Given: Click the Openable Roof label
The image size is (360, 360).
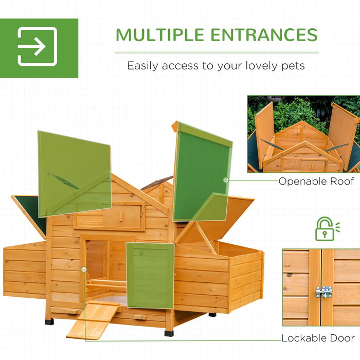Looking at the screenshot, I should tap(316, 181).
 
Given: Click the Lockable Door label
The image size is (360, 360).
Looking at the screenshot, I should tap(318, 338).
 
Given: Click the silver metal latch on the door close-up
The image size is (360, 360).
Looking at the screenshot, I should tap(323, 292).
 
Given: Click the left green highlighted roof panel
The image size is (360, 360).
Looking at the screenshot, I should tap(74, 172).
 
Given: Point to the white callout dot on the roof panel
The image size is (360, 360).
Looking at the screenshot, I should tap(226, 180).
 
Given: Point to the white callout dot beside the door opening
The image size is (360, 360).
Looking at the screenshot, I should tap(83, 269).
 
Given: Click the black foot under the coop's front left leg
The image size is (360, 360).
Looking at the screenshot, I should tap(49, 321).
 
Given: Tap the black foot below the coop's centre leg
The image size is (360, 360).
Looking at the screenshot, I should tap(169, 333).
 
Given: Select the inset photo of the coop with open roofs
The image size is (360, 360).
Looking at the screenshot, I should tap(303, 134).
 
